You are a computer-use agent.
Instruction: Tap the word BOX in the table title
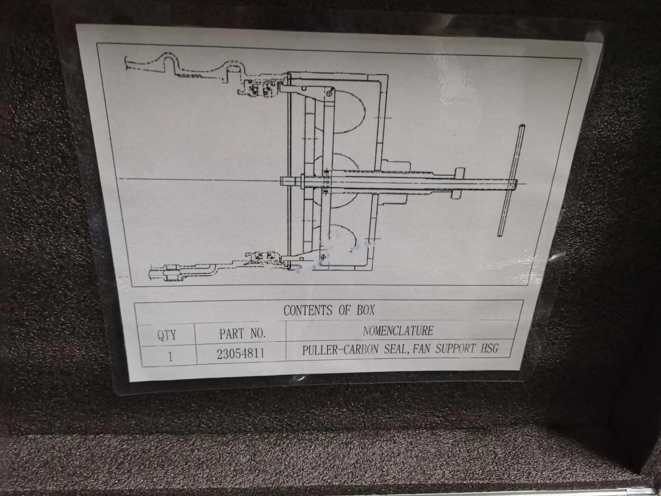pos(366,310)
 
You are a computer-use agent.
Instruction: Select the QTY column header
pos(166,335)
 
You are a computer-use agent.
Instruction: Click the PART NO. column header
pos(242,333)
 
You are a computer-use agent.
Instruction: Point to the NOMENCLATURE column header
pos(398,331)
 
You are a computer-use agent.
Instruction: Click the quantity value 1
pos(171,357)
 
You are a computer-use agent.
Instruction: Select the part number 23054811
pos(241,354)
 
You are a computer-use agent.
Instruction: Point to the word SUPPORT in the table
pos(455,348)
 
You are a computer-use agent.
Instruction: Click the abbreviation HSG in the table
pos(489,348)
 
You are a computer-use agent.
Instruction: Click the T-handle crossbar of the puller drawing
pos(511,180)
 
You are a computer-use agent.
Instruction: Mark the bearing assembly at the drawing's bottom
pos(264,257)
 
